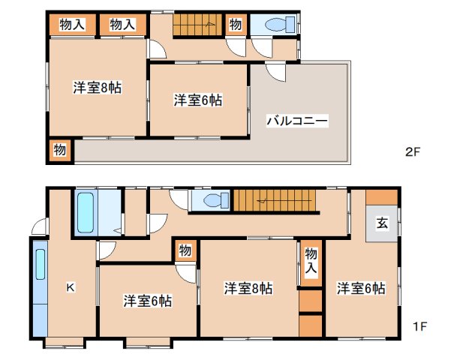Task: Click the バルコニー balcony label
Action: pyautogui.click(x=297, y=120)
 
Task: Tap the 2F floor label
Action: pyautogui.click(x=412, y=151)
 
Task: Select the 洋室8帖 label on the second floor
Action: pyautogui.click(x=97, y=87)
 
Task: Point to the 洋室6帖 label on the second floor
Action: pyautogui.click(x=198, y=99)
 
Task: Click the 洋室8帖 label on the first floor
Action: pyautogui.click(x=248, y=288)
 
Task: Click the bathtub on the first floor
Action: pyautogui.click(x=86, y=213)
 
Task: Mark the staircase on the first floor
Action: pyautogui.click(x=275, y=200)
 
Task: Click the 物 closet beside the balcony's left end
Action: pyautogui.click(x=60, y=149)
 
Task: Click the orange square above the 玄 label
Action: pyautogui.click(x=383, y=199)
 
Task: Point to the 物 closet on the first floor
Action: pyautogui.click(x=185, y=250)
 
